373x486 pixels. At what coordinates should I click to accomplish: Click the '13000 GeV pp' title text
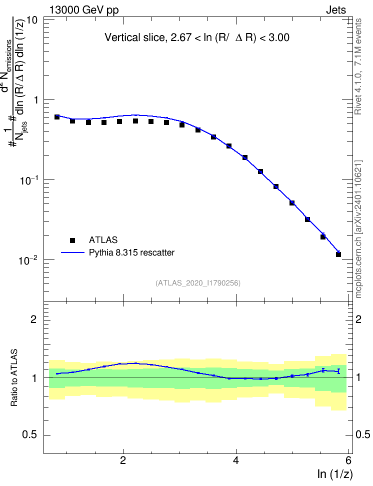[x=84, y=10]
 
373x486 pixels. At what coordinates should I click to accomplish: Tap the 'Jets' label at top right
[x=336, y=10]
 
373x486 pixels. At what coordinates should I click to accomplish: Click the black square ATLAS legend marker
[x=72, y=240]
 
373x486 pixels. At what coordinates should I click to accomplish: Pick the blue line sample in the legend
[x=72, y=252]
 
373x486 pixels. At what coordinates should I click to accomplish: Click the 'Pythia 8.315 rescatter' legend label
[x=132, y=252]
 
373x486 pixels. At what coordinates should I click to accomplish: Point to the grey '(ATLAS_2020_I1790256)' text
[x=198, y=283]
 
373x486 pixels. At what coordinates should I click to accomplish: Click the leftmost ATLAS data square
[x=56, y=117]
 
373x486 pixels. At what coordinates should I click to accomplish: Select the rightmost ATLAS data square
[x=338, y=254]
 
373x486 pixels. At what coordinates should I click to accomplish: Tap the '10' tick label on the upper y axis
[x=32, y=20]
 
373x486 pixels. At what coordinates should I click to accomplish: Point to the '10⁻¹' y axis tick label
[x=29, y=180]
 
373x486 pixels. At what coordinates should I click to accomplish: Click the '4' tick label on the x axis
[x=236, y=460]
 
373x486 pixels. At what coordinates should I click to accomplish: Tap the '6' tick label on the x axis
[x=348, y=460]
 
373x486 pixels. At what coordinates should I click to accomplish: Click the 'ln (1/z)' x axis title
[x=335, y=474]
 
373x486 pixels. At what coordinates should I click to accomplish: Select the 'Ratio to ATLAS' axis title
[x=14, y=377]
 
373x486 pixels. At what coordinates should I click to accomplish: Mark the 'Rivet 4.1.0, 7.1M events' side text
[x=358, y=66]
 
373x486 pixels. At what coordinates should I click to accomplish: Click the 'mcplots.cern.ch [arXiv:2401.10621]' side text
[x=358, y=229]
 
